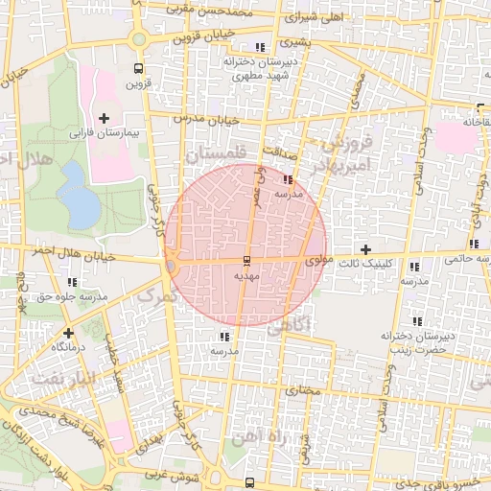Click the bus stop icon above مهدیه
point(246,261)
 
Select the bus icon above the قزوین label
point(139,68)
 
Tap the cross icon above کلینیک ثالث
point(365,249)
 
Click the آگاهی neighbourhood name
point(291,325)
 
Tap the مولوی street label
point(317,260)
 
